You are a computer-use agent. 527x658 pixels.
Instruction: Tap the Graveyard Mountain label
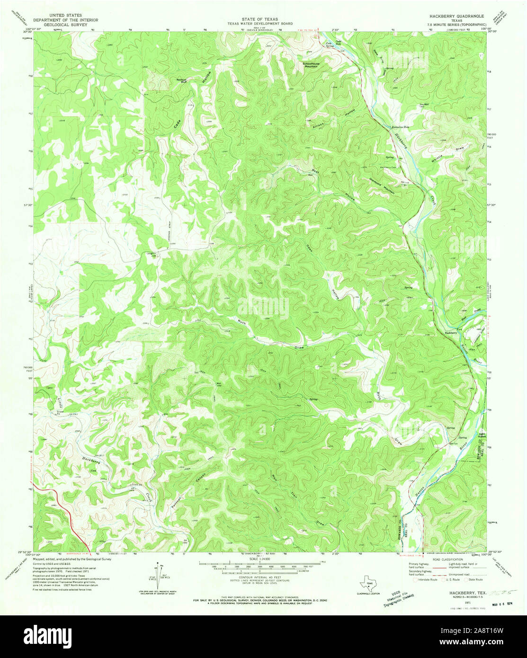pyautogui.click(x=382, y=185)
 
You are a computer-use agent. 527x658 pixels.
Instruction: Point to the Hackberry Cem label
pyautogui.click(x=388, y=168)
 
